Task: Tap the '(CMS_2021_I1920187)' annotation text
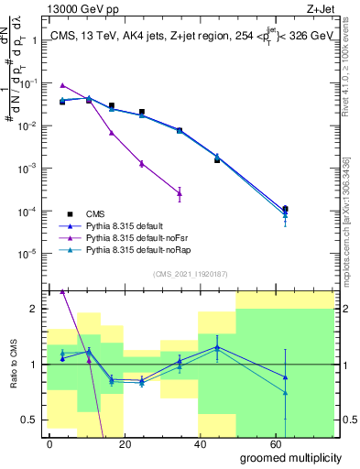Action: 190,273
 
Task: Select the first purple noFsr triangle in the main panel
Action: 62,84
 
